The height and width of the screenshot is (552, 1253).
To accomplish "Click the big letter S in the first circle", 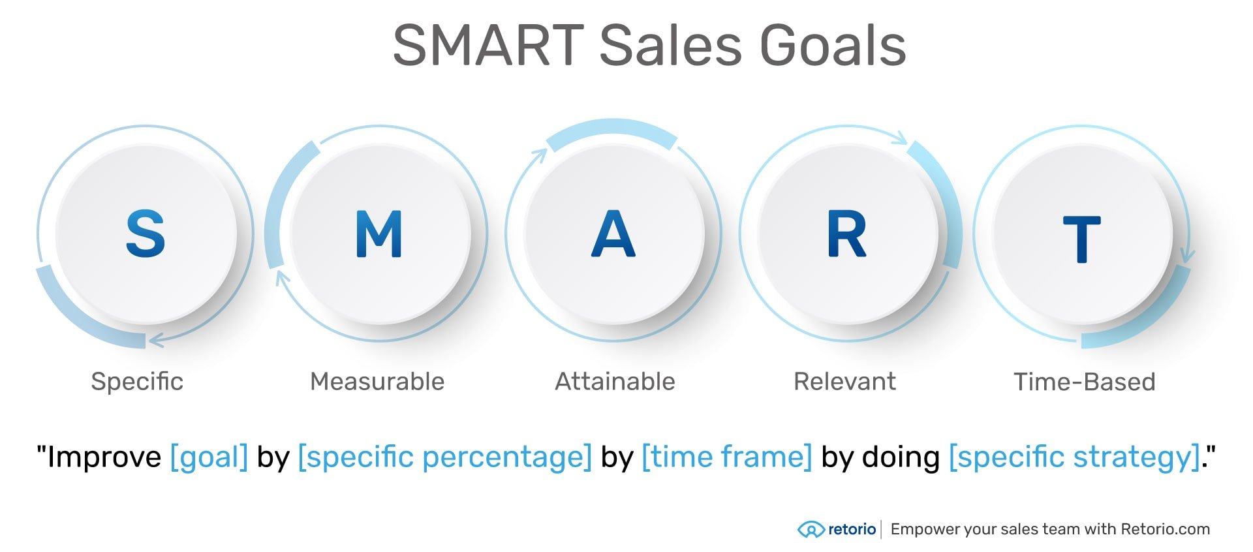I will pos(145,234).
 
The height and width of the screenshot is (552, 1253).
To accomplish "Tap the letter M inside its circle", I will pos(379,234).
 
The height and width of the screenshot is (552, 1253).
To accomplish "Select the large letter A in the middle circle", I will pos(613,234).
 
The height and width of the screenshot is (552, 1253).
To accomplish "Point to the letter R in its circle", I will pos(846,234).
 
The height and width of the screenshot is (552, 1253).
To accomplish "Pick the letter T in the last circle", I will pos(1081,239).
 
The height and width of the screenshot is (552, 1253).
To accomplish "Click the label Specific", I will pos(137,382).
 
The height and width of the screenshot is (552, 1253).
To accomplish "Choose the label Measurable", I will pos(377,382).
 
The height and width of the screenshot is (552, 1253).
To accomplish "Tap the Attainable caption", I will pos(615,382).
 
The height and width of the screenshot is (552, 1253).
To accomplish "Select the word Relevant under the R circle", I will pos(844,382).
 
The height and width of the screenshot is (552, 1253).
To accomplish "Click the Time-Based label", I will pos(1084,382).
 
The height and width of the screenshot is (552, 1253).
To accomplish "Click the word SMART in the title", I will pos(488,46).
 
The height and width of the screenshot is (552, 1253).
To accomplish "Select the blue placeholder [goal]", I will pos(209,457).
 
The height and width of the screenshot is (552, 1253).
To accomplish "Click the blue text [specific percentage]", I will pos(444,457).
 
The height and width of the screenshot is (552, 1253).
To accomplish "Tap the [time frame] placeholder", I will pos(727,457).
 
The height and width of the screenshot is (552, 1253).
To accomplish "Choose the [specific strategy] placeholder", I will pos(1075,457).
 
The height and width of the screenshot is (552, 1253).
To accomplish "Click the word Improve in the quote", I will pos(104,457).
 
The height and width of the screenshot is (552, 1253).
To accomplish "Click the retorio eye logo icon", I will pos(811,529).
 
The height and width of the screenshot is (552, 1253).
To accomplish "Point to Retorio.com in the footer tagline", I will pos(1165,529).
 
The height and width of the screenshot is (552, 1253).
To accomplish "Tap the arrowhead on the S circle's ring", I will pos(155,340).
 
